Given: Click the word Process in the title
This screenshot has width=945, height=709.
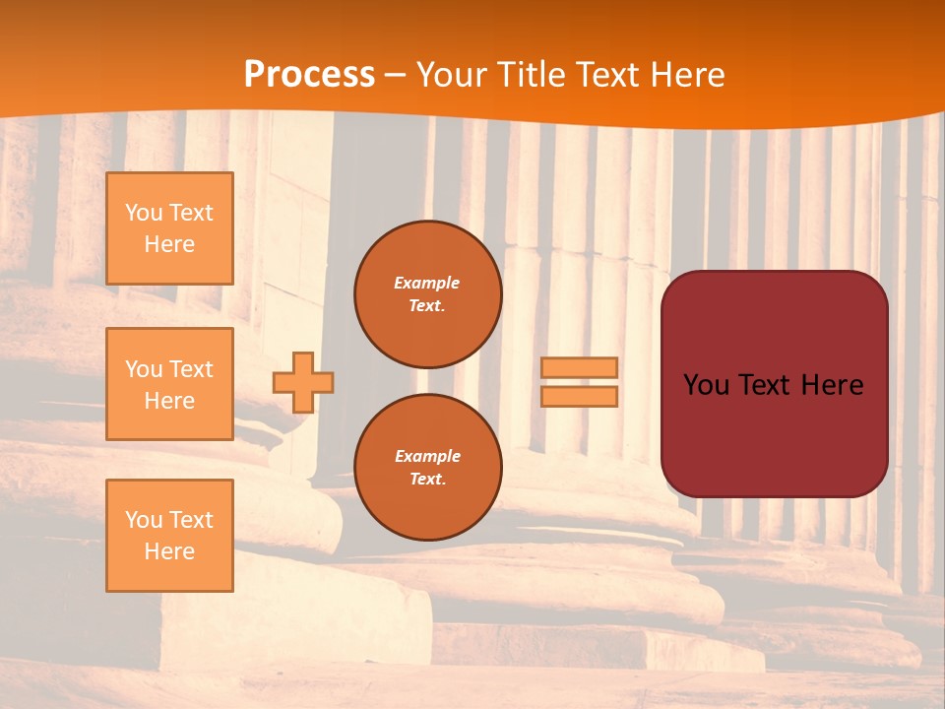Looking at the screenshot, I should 309,75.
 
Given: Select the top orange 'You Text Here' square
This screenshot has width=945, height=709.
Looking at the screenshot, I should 169,228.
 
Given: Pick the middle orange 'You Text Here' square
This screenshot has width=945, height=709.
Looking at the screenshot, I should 169,384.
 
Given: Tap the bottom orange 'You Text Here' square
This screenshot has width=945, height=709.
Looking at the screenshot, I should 169,536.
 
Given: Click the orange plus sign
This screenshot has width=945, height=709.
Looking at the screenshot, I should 303,382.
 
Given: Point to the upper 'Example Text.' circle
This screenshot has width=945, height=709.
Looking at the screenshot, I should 427,294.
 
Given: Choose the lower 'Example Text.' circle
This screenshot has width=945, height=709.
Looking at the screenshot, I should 427,468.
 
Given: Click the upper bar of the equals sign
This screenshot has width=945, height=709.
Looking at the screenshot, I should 580,368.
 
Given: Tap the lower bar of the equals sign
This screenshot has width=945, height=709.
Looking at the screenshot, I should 580,396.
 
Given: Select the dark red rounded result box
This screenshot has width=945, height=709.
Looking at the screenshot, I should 774,433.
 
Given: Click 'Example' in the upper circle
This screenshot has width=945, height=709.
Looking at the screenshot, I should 427,283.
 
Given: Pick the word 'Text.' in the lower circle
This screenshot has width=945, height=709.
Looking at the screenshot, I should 427,480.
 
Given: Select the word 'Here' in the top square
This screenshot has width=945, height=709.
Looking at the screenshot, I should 169,244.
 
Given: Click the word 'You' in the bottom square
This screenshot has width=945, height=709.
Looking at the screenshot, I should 144,520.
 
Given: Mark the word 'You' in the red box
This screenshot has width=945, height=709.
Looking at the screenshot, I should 706,385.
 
